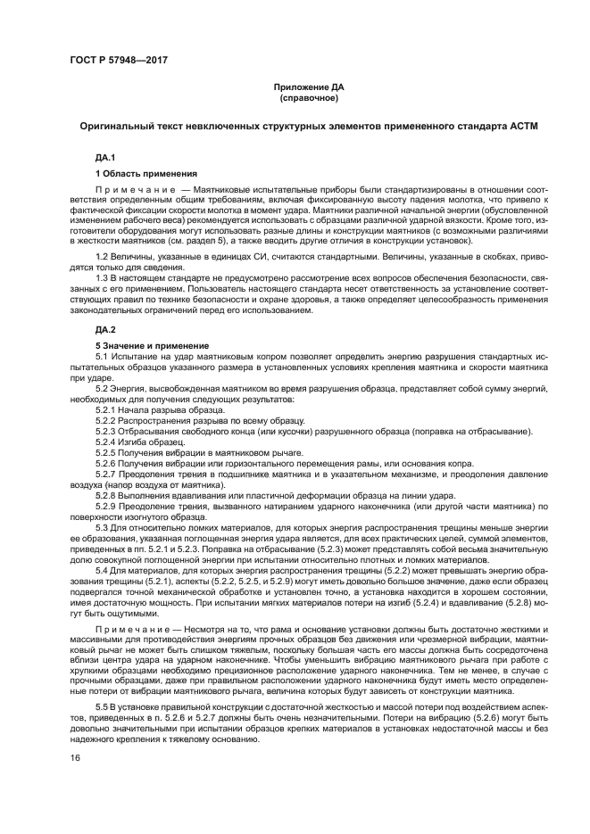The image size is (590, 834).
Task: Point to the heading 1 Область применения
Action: (146, 173)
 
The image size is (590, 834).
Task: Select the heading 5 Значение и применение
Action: (152, 344)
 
